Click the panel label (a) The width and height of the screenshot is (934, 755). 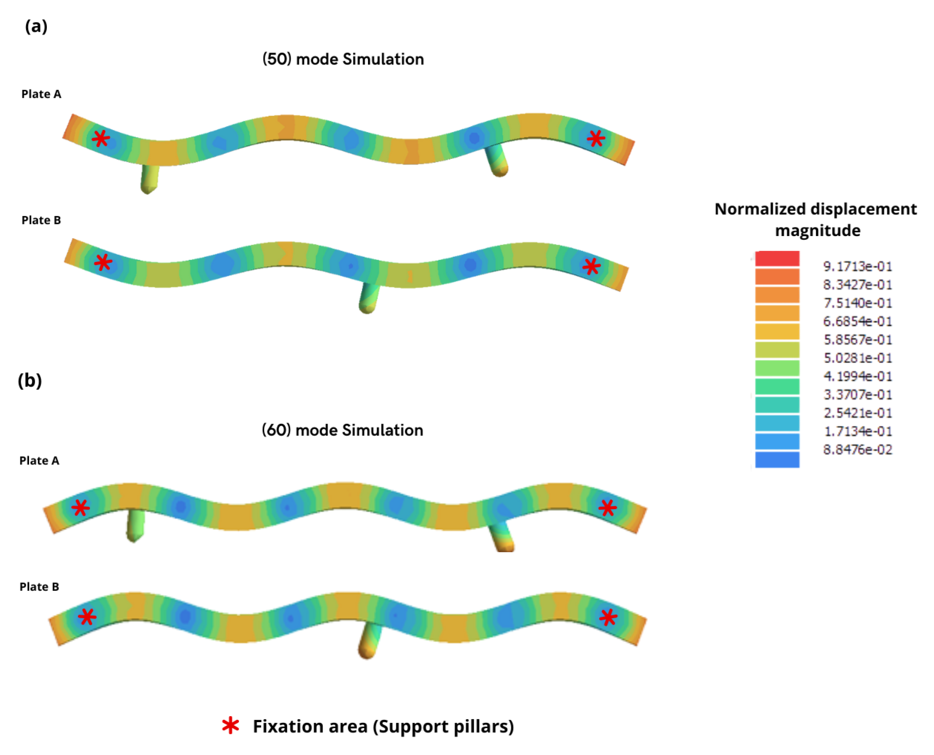[36, 26]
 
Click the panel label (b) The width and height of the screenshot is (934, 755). [29, 381]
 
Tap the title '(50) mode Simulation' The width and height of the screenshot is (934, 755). [343, 59]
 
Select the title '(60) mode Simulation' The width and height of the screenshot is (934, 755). [342, 430]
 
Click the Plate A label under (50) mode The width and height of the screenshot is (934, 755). [41, 94]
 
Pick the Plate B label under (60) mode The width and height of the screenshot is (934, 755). [39, 587]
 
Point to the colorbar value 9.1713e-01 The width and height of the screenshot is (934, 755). [857, 266]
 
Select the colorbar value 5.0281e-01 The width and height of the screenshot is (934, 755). [857, 358]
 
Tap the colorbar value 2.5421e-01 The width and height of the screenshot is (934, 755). [857, 413]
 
